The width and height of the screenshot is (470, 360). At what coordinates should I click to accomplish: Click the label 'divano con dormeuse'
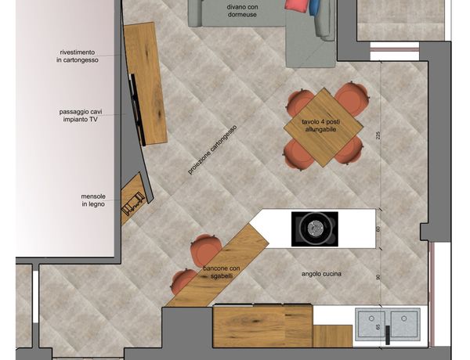pos(242,10)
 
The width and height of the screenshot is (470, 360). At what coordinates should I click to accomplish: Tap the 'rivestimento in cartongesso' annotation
pos(78,56)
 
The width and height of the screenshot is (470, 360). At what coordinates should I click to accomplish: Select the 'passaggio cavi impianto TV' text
pos(81,116)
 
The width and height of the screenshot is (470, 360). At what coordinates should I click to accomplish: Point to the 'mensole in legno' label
pos(93,200)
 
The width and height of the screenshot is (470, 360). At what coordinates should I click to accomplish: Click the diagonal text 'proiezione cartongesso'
pos(212,149)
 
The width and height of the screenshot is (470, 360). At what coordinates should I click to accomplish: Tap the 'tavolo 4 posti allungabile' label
pos(320,126)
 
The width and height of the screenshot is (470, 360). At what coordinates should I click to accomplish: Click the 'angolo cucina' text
pos(321,274)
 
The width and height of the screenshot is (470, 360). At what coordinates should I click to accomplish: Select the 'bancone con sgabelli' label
pos(222,272)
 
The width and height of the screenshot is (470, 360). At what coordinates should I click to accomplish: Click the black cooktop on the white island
pos(315,229)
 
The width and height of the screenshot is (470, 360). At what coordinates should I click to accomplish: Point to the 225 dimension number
pos(378,135)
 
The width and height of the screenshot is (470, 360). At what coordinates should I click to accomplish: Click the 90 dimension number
pos(378,277)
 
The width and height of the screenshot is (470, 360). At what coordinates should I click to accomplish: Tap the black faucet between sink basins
pos(388,335)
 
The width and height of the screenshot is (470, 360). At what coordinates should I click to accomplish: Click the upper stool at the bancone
pos(206,250)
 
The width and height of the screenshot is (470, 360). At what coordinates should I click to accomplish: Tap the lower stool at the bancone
pos(183,282)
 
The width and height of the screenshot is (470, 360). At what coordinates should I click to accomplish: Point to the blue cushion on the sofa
pos(314,8)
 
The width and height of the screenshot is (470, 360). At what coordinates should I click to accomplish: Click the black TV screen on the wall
pos(138,110)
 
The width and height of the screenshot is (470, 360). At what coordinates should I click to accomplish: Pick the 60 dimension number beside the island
pos(378,229)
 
